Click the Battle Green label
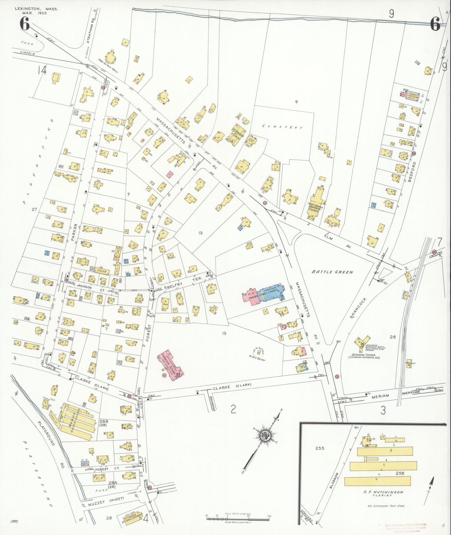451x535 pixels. [332, 272]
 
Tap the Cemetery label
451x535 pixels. [282, 127]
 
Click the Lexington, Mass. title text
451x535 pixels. [36, 9]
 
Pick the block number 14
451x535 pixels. [42, 71]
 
